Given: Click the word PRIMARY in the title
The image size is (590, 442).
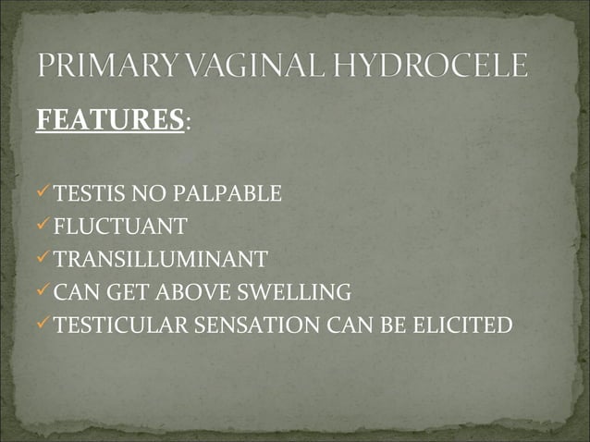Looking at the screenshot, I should (x=101, y=68).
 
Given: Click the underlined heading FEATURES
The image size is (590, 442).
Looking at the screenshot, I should (x=109, y=121).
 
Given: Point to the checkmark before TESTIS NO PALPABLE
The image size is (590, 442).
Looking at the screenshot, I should (x=43, y=193).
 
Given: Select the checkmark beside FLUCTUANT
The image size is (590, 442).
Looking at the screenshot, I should (x=43, y=226).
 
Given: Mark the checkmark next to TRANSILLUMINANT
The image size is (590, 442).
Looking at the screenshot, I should (x=43, y=258).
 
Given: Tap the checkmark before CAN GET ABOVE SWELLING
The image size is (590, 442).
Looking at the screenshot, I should (x=43, y=291).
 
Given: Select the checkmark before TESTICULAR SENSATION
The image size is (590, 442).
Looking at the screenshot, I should (x=43, y=325).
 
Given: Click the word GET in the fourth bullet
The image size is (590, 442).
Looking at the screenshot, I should (x=117, y=293).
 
